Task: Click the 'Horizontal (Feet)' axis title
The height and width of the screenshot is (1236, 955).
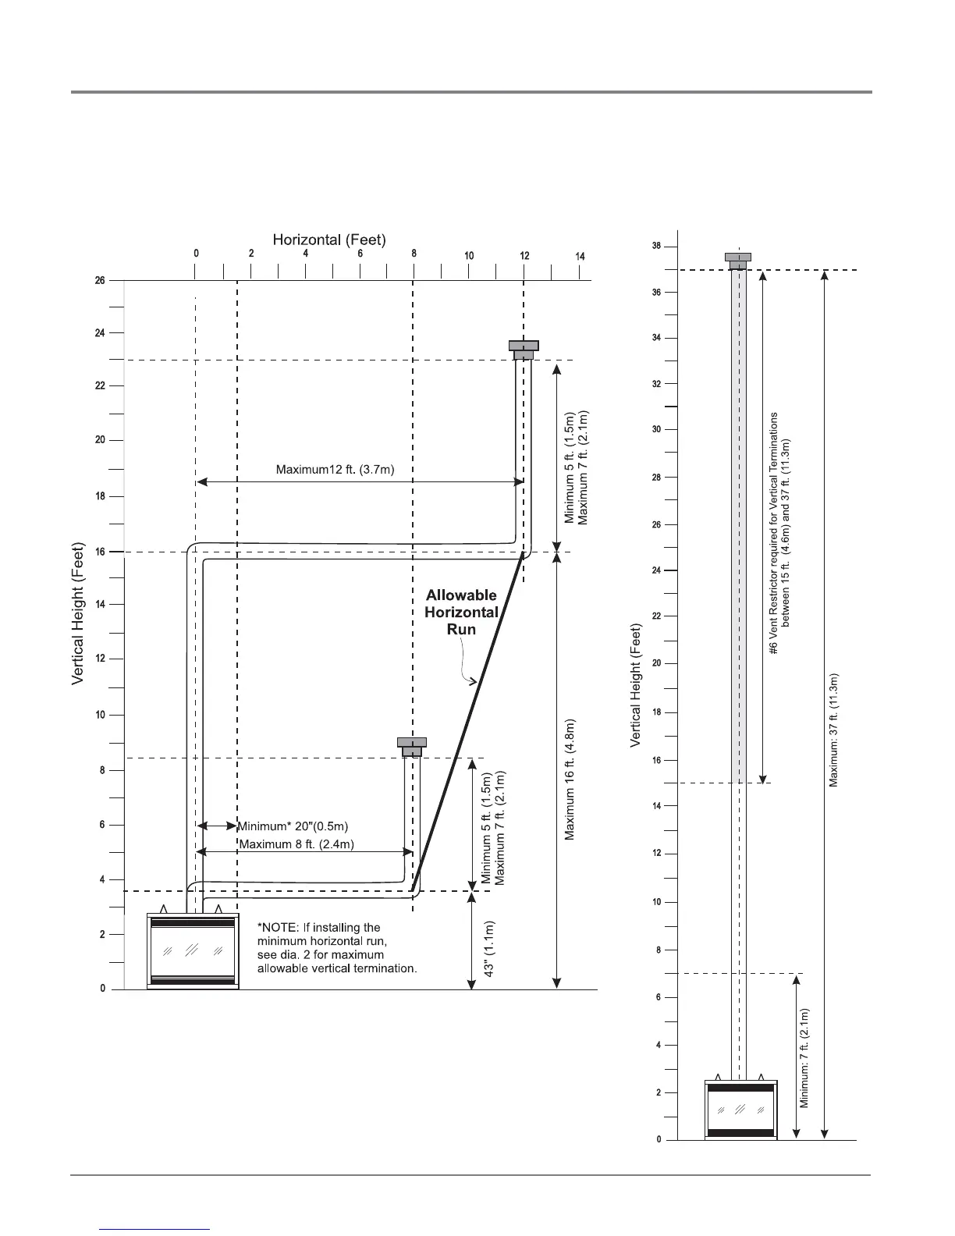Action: pos(329,240)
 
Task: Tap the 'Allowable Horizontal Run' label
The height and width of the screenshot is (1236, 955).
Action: pos(460,612)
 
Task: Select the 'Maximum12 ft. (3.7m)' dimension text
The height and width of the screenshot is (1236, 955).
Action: pos(335,470)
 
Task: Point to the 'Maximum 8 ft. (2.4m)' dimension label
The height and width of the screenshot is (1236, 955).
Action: pos(296,844)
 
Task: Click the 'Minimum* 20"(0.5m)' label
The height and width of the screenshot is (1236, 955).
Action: pos(293,826)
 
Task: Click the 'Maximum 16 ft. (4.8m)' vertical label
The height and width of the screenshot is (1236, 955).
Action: pos(570,780)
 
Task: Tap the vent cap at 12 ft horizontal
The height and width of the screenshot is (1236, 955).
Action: pos(524,350)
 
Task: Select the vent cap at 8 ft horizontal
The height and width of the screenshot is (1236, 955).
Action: pos(411,746)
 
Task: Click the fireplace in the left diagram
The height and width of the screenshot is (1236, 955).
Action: pos(192,950)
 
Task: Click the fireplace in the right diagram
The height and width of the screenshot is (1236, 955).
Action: pos(740,1110)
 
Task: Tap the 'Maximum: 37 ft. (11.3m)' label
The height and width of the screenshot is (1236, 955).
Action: pos(833,730)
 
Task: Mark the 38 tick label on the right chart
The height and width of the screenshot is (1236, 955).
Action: pos(656,247)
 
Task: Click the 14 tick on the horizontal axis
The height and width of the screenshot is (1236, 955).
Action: pos(580,257)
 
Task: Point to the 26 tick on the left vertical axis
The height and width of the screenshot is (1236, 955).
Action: pos(100,280)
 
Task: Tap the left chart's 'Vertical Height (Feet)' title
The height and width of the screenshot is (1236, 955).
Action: pos(77,616)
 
